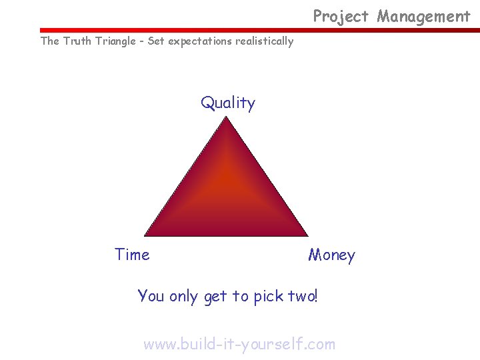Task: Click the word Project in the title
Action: pyautogui.click(x=341, y=17)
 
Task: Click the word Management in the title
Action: pyautogui.click(x=424, y=17)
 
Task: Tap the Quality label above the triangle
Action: pyautogui.click(x=228, y=103)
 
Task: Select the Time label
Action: pyautogui.click(x=132, y=255)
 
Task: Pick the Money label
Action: pyautogui.click(x=331, y=255)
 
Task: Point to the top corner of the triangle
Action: pyautogui.click(x=227, y=118)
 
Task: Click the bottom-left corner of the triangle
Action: pyautogui.click(x=146, y=235)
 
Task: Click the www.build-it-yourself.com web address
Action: pyautogui.click(x=239, y=344)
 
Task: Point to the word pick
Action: pyautogui.click(x=269, y=296)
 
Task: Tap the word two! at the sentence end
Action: pyautogui.click(x=303, y=295)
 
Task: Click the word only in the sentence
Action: pyautogui.click(x=183, y=296)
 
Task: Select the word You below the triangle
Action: pyautogui.click(x=151, y=295)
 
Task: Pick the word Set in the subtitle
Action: pyautogui.click(x=156, y=41)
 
